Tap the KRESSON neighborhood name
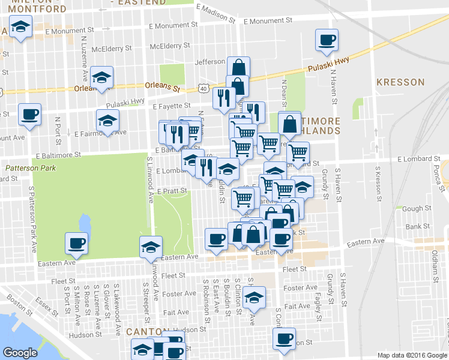point(400,82)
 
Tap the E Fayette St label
point(171,106)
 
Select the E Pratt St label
point(173,191)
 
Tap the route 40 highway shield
point(205,89)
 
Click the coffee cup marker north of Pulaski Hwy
point(327,40)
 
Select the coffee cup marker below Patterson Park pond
point(76,243)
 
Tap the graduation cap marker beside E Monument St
point(21,27)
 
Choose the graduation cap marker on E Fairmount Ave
point(107,121)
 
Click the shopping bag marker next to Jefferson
point(238,67)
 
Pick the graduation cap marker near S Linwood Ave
point(151,247)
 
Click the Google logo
point(21,353)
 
